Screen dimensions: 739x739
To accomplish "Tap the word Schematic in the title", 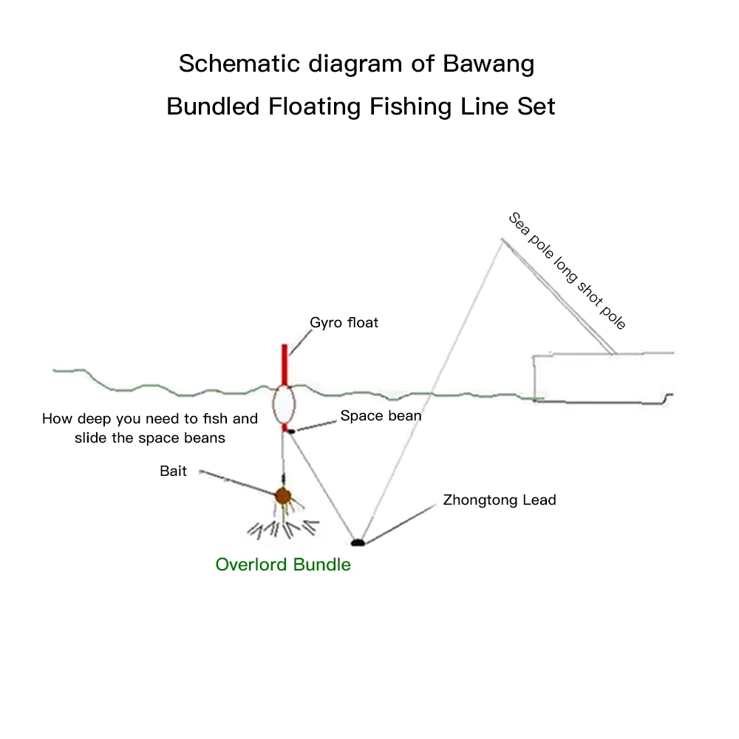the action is pyautogui.click(x=236, y=64).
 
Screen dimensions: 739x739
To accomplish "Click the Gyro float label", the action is pyautogui.click(x=344, y=323).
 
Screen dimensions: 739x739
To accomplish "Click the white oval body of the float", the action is pyautogui.click(x=284, y=405).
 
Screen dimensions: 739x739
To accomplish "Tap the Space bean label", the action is pyautogui.click(x=381, y=416).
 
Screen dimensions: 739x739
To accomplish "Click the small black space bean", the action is pyautogui.click(x=292, y=431).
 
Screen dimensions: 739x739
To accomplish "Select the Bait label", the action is pyautogui.click(x=173, y=471).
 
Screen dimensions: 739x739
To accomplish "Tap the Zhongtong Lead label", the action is pyautogui.click(x=500, y=500).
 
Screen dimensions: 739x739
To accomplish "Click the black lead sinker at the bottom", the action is pyautogui.click(x=358, y=542).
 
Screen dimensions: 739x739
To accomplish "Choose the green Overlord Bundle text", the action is pyautogui.click(x=283, y=565).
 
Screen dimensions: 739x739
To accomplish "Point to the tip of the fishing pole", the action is pyautogui.click(x=501, y=239).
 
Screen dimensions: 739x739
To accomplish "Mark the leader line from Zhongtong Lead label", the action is pyautogui.click(x=399, y=525).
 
